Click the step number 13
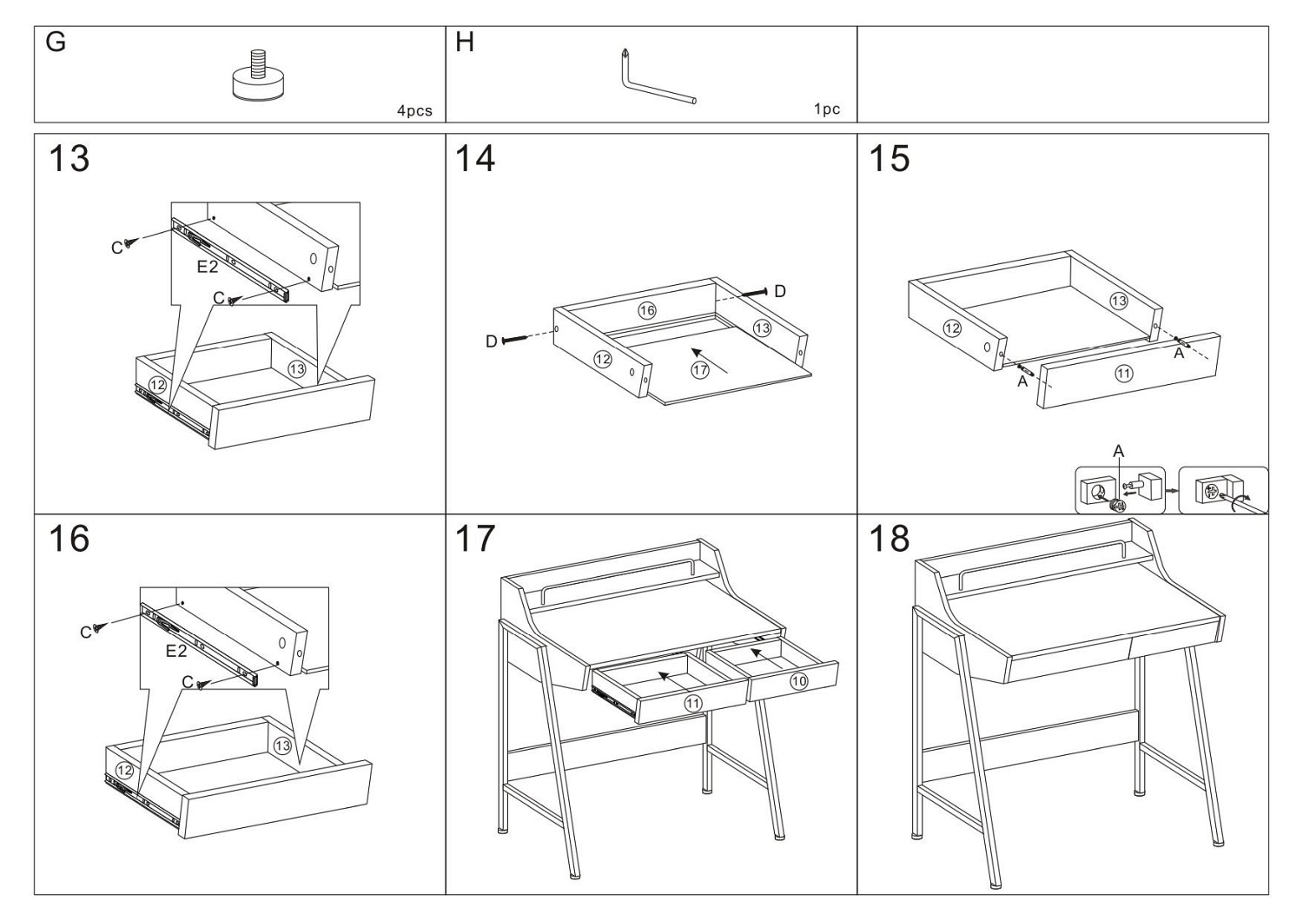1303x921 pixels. (x=69, y=159)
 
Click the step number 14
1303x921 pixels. (x=475, y=159)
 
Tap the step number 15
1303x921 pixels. (x=890, y=159)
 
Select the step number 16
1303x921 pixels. (x=69, y=539)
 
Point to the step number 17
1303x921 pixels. (x=475, y=539)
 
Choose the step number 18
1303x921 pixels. (x=890, y=539)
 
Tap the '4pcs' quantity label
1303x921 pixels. (x=414, y=110)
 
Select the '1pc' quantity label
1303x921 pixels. (x=827, y=109)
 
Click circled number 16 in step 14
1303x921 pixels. (x=647, y=310)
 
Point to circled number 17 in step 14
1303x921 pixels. (x=700, y=370)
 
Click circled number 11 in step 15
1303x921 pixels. (x=1124, y=374)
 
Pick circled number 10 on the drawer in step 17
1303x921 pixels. (x=799, y=681)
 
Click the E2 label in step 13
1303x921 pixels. (x=207, y=267)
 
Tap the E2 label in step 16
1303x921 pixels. (x=176, y=651)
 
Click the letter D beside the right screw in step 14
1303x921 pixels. (x=780, y=291)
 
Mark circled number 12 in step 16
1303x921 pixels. (x=124, y=770)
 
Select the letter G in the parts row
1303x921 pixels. (x=55, y=42)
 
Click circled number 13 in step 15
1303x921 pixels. (x=1119, y=301)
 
